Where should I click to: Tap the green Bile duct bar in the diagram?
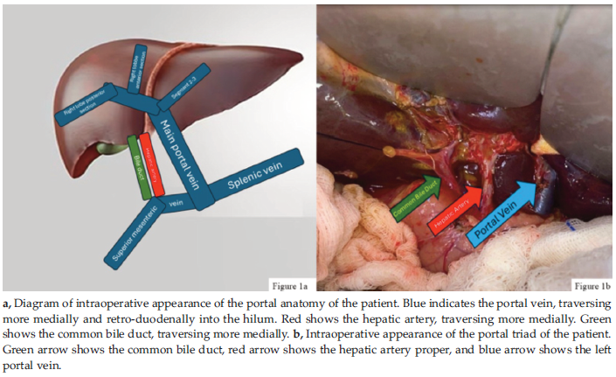pyautogui.click(x=137, y=164)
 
